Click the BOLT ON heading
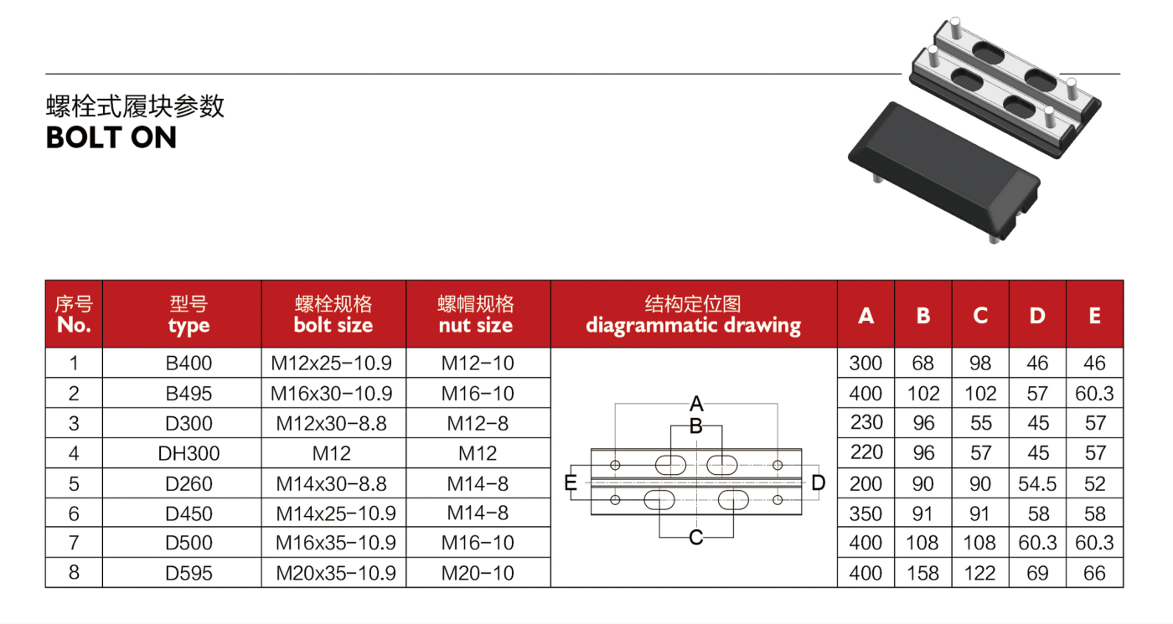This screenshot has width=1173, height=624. (x=111, y=137)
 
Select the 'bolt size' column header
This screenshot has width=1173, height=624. (x=333, y=314)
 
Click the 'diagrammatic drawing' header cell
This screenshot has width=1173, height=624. (x=694, y=314)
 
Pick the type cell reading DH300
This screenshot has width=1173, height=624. (x=189, y=453)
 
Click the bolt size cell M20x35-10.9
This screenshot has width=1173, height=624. (x=336, y=573)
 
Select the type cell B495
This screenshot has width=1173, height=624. (x=189, y=393)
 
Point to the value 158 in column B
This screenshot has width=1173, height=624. (x=922, y=573)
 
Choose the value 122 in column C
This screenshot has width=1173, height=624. (x=979, y=573)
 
